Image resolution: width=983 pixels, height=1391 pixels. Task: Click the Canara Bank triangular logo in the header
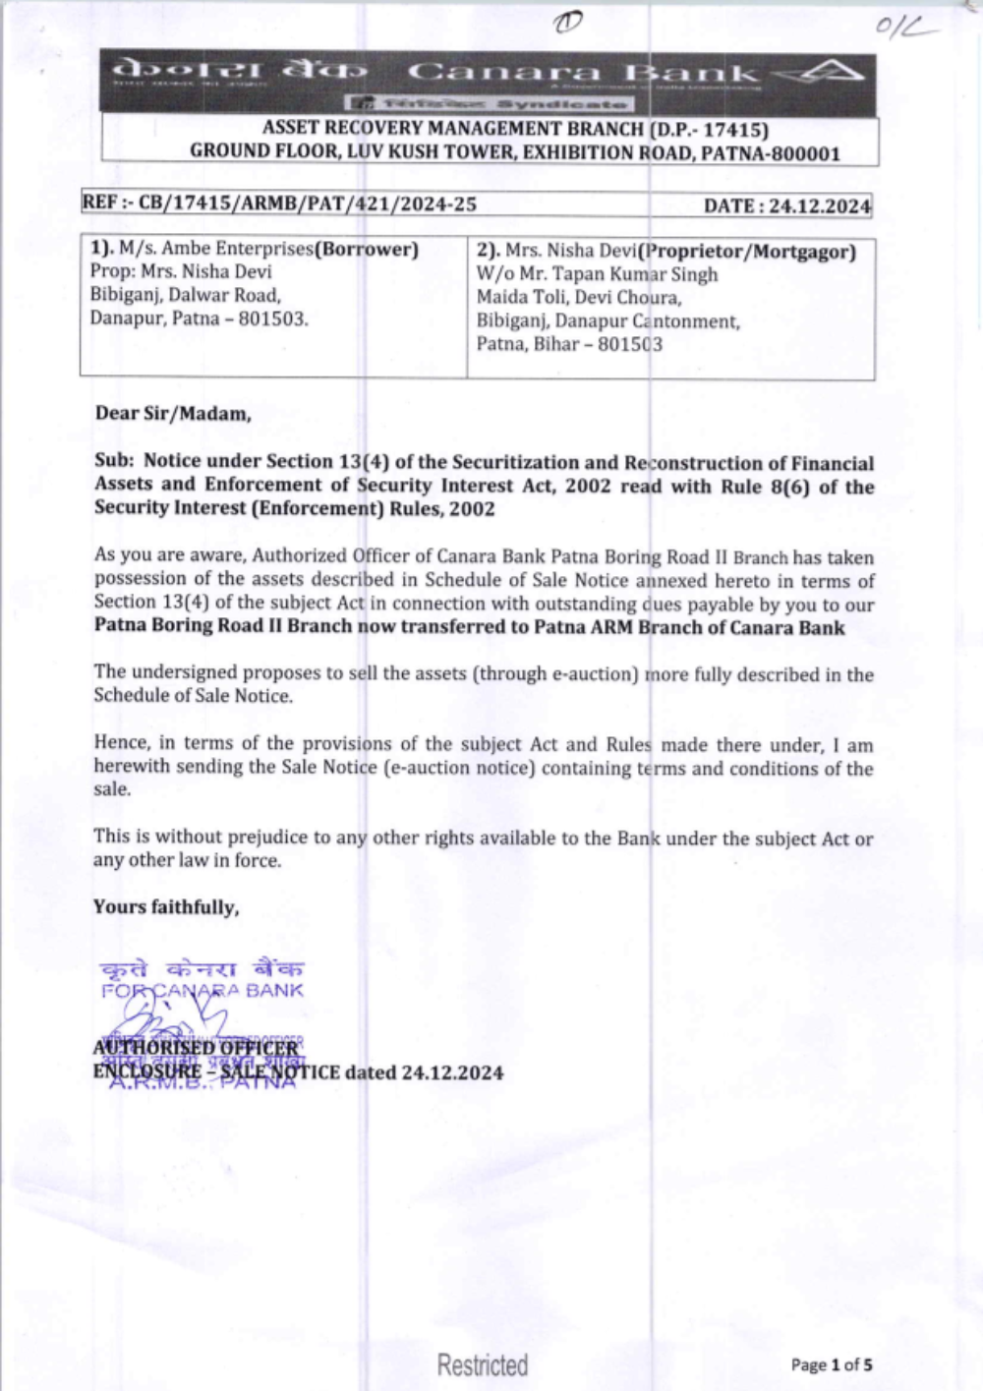(x=830, y=72)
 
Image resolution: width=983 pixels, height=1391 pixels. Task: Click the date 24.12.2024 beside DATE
(x=819, y=205)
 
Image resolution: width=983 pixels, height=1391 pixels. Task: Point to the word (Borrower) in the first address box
(x=367, y=249)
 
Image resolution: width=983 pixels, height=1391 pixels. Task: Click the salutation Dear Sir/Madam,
(x=173, y=413)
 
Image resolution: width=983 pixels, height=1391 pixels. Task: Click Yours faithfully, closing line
(x=166, y=906)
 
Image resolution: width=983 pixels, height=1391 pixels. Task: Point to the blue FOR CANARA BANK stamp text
(x=202, y=990)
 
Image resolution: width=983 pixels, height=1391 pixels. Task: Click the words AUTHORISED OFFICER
(x=195, y=1047)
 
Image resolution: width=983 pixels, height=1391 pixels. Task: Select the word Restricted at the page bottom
(x=483, y=1364)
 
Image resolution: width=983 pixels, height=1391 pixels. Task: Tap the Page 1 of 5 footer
(x=832, y=1364)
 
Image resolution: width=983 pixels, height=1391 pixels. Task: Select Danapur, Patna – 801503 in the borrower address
(x=199, y=319)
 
